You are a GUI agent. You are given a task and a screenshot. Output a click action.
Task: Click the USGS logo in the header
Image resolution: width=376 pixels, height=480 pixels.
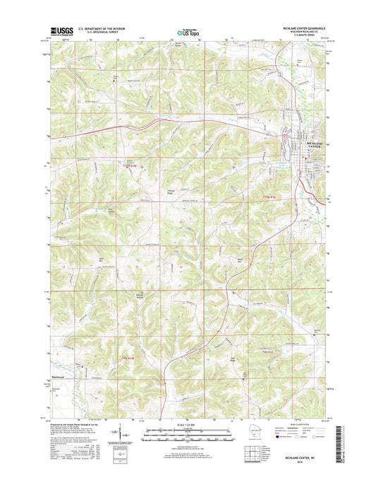(x=56, y=30)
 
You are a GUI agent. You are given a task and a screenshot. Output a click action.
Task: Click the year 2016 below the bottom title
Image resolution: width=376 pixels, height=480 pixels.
(x=308, y=464)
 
